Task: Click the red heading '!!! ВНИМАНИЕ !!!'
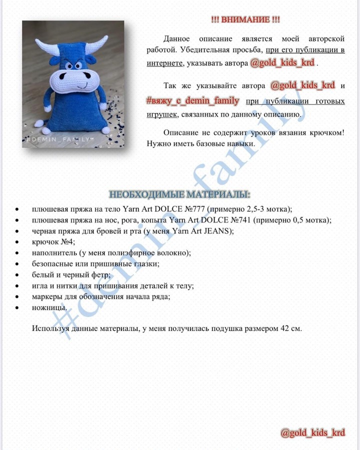(x=245, y=19)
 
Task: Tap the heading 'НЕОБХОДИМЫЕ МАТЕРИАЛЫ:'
(x=180, y=194)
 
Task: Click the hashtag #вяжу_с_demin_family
(x=193, y=101)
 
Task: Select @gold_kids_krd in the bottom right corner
(x=312, y=433)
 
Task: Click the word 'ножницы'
(x=49, y=308)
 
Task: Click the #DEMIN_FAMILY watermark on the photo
(x=57, y=141)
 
